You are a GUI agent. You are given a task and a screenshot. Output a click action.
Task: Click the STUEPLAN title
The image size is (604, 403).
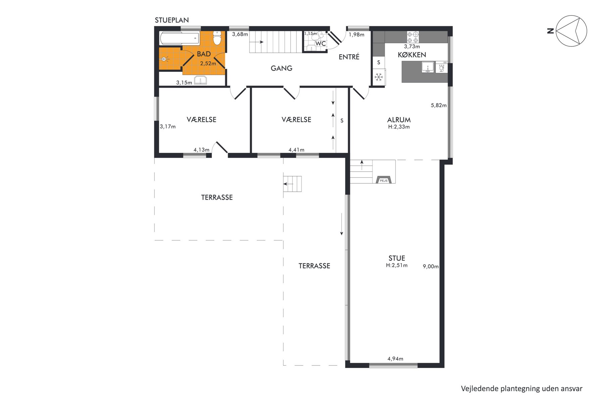[x=172, y=20]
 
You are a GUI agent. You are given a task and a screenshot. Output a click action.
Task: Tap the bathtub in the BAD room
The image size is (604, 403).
[x=180, y=38]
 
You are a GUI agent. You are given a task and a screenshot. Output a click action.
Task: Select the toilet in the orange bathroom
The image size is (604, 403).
[x=217, y=38]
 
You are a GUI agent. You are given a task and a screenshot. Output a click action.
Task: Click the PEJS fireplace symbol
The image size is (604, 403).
[x=384, y=180]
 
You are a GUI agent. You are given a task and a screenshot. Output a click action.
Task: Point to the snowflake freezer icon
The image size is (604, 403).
[x=379, y=77]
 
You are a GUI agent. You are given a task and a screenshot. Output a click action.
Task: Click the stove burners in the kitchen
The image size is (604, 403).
[x=413, y=37]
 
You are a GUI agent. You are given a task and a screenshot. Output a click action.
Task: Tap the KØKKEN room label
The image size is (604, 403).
[x=412, y=55]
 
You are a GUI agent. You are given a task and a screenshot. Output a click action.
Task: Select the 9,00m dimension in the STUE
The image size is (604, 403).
[x=431, y=267]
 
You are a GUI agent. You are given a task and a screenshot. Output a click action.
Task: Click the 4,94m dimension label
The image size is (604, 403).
[x=395, y=359]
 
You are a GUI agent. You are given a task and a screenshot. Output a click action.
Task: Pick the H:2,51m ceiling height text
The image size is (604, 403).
[x=397, y=265]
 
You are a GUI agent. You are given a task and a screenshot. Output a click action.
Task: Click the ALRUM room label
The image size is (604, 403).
[x=399, y=120]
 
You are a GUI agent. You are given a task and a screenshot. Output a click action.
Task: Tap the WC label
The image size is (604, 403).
[x=320, y=44]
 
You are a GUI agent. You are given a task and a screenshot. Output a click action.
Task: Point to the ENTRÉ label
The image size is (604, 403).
[x=349, y=57]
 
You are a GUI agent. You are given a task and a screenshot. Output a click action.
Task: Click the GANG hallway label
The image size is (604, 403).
[x=282, y=68]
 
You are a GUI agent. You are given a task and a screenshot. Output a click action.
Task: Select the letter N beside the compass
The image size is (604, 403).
[x=550, y=31]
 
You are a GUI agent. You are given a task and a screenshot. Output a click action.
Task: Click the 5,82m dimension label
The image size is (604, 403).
[x=439, y=105]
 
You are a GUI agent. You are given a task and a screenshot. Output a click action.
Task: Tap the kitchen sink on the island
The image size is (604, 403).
[x=427, y=67]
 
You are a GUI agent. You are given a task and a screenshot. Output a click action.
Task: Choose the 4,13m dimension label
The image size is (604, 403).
[x=201, y=150]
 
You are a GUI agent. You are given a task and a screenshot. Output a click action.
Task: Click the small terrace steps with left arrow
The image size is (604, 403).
[x=292, y=184]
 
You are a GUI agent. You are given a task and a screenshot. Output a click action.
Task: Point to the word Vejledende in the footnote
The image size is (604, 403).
[x=480, y=389]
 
